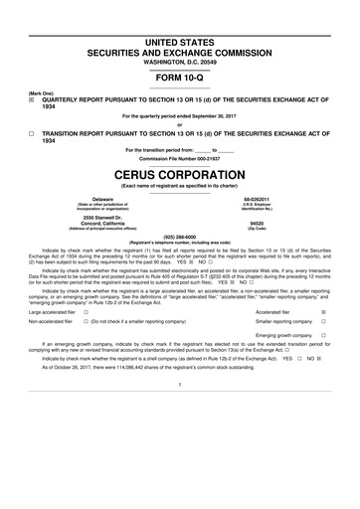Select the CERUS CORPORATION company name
180,172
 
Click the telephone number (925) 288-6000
179,237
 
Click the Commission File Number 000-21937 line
179,158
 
